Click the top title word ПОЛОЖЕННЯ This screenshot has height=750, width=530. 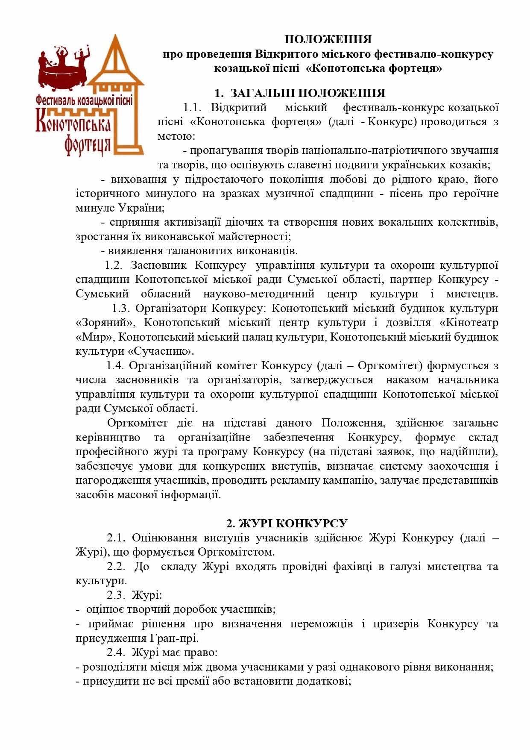coord(328,40)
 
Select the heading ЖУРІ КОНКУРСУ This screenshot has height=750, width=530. coord(287,523)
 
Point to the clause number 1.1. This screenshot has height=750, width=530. coord(192,107)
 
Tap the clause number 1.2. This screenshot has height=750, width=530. coord(114,265)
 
